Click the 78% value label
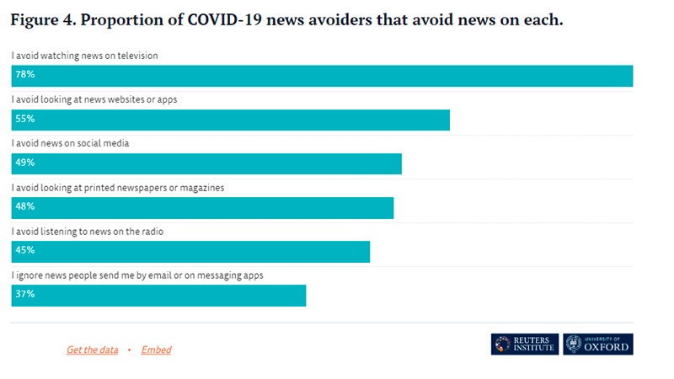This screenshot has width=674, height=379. click(x=23, y=76)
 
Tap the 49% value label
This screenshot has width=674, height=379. click(x=23, y=163)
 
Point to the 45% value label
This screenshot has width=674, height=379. click(x=23, y=251)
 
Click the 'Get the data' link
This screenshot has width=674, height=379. click(x=92, y=350)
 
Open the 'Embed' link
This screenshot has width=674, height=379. click(x=156, y=350)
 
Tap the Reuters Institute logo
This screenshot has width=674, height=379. click(x=525, y=344)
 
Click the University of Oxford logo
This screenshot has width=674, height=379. click(x=598, y=344)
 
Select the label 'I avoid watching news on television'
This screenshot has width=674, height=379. click(x=85, y=56)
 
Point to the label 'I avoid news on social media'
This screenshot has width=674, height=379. click(x=70, y=143)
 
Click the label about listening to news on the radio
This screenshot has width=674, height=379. click(x=93, y=231)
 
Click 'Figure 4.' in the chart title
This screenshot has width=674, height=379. click(x=41, y=19)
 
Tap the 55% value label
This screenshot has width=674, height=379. click(x=23, y=120)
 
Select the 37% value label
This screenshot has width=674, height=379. click(x=23, y=295)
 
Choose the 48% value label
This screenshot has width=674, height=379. click(x=23, y=207)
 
